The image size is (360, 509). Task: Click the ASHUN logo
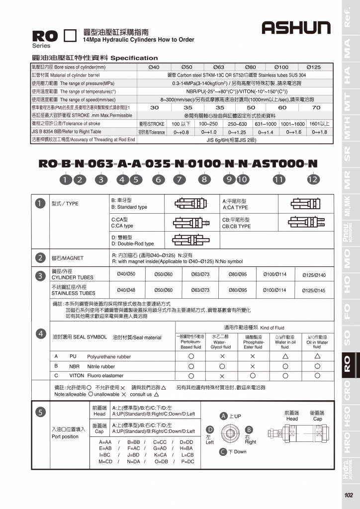(x=296, y=28)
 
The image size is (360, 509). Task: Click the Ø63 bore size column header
(x=219, y=67)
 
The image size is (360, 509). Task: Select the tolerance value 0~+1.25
(x=237, y=132)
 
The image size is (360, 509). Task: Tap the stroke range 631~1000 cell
(x=266, y=124)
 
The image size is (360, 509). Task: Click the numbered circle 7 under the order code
(x=179, y=179)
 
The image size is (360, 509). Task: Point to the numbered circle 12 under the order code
(x=312, y=179)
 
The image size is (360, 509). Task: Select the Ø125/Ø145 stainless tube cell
(x=314, y=290)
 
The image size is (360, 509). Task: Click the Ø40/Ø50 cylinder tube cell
(x=126, y=274)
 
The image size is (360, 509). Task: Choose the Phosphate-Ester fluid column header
(x=254, y=341)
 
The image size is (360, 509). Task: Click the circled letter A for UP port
(x=224, y=416)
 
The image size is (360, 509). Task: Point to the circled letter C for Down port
(x=224, y=451)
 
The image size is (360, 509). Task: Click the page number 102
(x=348, y=495)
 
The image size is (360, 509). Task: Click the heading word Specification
(x=134, y=58)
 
